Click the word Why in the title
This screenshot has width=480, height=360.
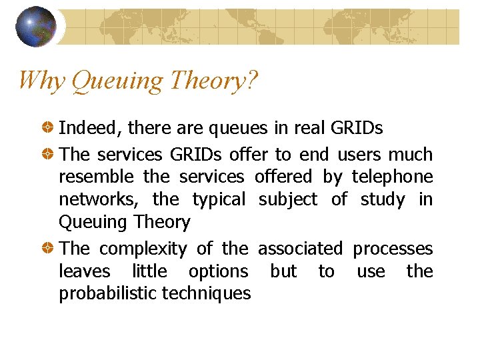click(x=41, y=81)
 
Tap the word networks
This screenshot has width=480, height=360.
click(x=99, y=199)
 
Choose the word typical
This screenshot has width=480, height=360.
click(x=219, y=200)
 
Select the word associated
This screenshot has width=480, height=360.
click(x=300, y=249)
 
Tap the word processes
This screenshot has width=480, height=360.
click(x=393, y=249)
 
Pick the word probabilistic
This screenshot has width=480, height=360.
click(x=108, y=293)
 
